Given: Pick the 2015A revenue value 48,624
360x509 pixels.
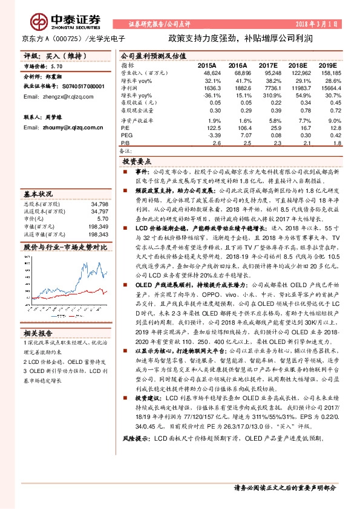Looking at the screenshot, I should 206,72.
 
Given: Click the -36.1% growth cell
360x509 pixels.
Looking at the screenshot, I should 207,96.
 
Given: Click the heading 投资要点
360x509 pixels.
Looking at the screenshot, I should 136,162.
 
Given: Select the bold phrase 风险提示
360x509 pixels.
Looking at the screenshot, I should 136,472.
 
